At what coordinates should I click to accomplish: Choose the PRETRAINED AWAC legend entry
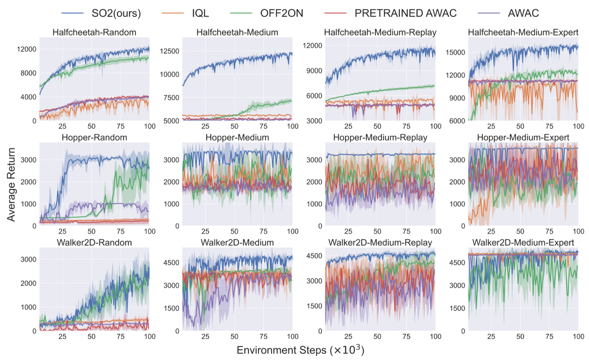[405, 13]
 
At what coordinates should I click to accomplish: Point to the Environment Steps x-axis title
[300, 350]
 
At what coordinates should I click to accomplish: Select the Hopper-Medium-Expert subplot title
[522, 137]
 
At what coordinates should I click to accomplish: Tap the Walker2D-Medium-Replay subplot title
[380, 242]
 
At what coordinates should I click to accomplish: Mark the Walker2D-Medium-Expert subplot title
[522, 242]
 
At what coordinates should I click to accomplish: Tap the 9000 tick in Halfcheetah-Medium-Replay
[315, 71]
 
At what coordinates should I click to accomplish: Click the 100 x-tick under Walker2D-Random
[149, 336]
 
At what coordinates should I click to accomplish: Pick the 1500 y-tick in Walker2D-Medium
[171, 308]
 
